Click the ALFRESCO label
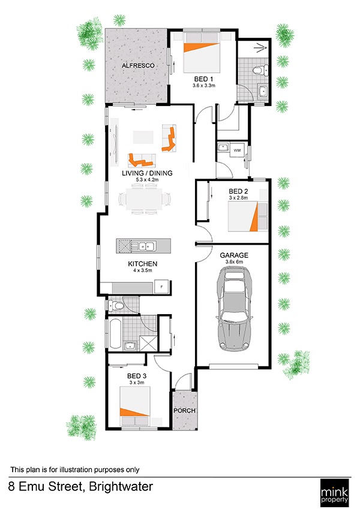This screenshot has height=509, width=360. point(138,65)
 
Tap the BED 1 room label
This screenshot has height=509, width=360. point(204,79)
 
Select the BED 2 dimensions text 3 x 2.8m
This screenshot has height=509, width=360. point(238,198)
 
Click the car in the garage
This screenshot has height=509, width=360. point(234,308)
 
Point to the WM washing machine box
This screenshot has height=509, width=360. point(237,150)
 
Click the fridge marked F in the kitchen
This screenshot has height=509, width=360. point(161,287)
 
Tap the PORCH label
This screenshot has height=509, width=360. point(185,411)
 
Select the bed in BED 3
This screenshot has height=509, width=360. point(135,406)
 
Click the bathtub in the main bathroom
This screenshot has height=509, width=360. point(115,334)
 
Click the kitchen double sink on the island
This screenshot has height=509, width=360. point(143,246)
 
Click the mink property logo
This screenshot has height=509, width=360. point(334,492)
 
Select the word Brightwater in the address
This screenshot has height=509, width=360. point(121,487)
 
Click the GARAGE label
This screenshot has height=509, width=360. point(234,255)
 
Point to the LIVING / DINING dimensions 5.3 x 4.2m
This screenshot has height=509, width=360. point(147,179)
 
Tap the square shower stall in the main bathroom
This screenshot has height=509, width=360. point(148,343)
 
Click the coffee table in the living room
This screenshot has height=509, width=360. point(143,137)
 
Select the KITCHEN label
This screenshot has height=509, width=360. point(143,264)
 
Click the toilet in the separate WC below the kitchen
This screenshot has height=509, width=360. point(116,305)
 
